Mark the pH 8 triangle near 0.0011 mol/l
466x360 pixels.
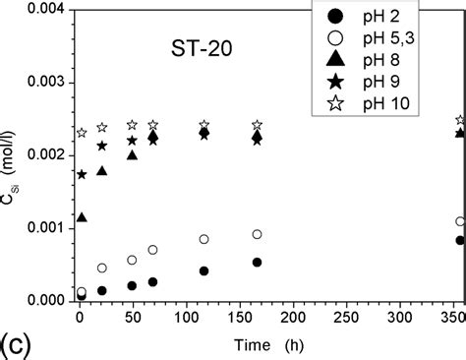[x=82, y=216]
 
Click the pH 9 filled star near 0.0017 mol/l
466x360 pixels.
[x=82, y=174]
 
